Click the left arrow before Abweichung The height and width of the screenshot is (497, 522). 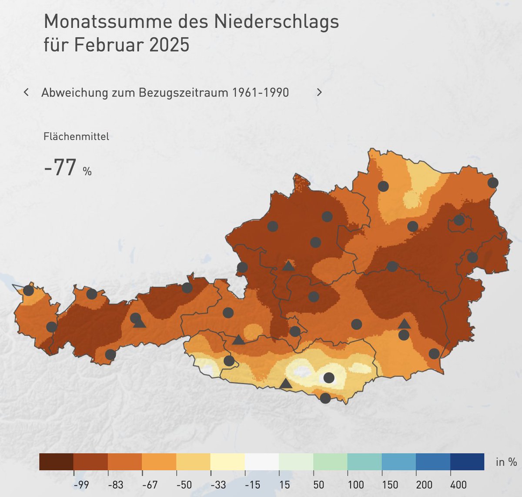pyautogui.click(x=27, y=92)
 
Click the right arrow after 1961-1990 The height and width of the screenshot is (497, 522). pyautogui.click(x=319, y=92)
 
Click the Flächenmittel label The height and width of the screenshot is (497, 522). pyautogui.click(x=76, y=136)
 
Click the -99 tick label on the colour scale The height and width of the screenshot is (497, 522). pyautogui.click(x=81, y=485)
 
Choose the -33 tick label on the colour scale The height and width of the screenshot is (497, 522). pyautogui.click(x=218, y=485)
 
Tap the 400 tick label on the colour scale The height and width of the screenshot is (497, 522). pyautogui.click(x=458, y=485)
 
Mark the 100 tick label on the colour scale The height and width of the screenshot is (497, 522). pyautogui.click(x=355, y=485)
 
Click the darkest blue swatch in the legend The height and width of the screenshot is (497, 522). pyautogui.click(x=467, y=462)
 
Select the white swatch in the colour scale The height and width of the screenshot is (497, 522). pyautogui.click(x=262, y=462)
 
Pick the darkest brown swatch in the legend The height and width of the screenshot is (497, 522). pyautogui.click(x=56, y=462)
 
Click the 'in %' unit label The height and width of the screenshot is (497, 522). pyautogui.click(x=506, y=462)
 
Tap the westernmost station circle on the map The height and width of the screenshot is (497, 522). pyautogui.click(x=28, y=290)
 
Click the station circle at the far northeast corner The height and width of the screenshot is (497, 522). pyautogui.click(x=492, y=182)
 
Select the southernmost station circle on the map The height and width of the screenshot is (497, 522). pyautogui.click(x=325, y=398)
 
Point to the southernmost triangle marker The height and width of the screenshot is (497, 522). pyautogui.click(x=285, y=383)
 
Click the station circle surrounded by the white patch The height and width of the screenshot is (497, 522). pyautogui.click(x=329, y=378)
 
